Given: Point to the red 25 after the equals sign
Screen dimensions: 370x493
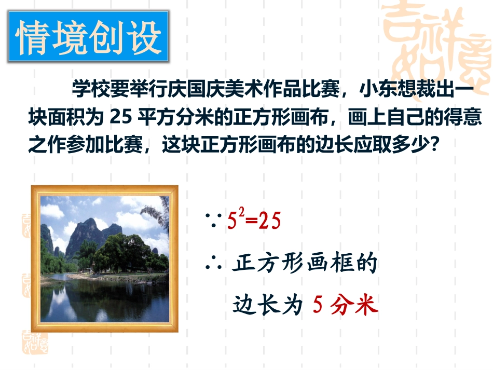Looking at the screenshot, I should click(x=270, y=222).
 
